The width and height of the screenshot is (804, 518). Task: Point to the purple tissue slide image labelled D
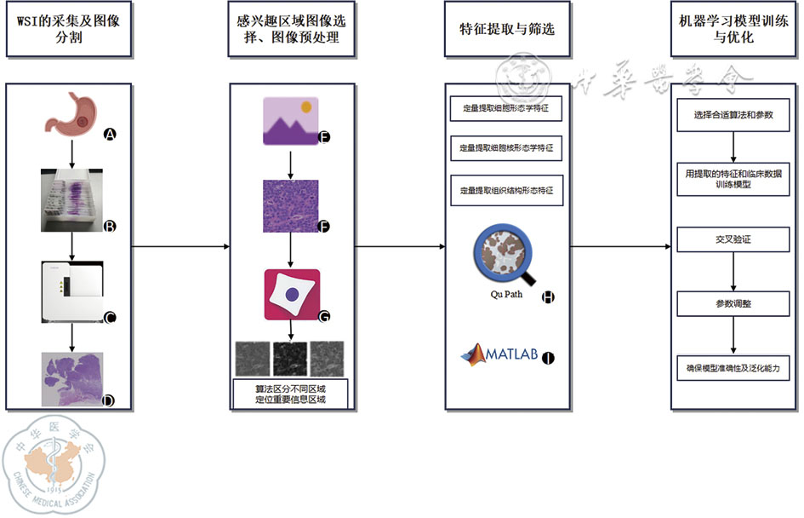click(71, 377)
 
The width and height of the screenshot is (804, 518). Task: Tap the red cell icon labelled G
click(292, 294)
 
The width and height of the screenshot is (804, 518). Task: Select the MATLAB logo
click(500, 354)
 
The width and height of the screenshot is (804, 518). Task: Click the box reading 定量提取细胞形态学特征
click(506, 109)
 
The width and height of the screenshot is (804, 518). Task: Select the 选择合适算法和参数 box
click(733, 114)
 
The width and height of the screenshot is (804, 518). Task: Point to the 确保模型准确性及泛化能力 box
click(733, 369)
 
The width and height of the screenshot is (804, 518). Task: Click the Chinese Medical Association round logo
click(55, 464)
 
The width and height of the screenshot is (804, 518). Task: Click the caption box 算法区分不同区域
click(291, 395)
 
